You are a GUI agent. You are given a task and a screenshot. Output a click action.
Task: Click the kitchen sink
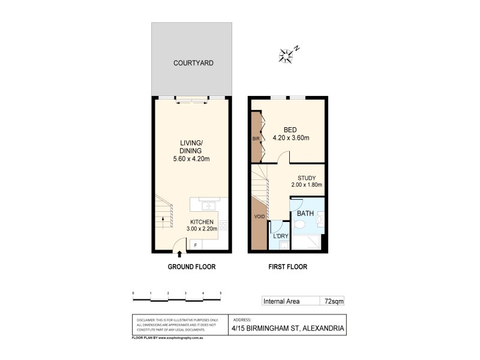pyautogui.click(x=208, y=206)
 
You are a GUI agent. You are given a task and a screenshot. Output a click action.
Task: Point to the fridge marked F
pyautogui.click(x=195, y=245)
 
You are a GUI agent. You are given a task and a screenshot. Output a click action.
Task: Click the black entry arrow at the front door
pyautogui.click(x=179, y=256)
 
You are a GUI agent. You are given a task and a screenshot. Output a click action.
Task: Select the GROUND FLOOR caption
pyautogui.click(x=191, y=266)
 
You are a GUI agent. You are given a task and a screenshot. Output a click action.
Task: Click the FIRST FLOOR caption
pyautogui.click(x=288, y=266)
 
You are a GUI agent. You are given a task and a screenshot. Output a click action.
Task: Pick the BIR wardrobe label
pyautogui.click(x=256, y=139)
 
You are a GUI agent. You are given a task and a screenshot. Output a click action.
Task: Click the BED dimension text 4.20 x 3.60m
pyautogui.click(x=292, y=138)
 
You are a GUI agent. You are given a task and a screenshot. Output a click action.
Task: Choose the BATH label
pyautogui.click(x=305, y=212)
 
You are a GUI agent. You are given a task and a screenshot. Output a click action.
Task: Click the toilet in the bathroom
pyautogui.click(x=301, y=225)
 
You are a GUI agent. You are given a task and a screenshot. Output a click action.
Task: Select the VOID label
pyautogui.click(x=259, y=217)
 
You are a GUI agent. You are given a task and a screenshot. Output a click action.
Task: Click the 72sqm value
pyautogui.click(x=333, y=301)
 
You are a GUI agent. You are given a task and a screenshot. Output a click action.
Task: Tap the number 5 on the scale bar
pyautogui.click(x=221, y=293)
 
